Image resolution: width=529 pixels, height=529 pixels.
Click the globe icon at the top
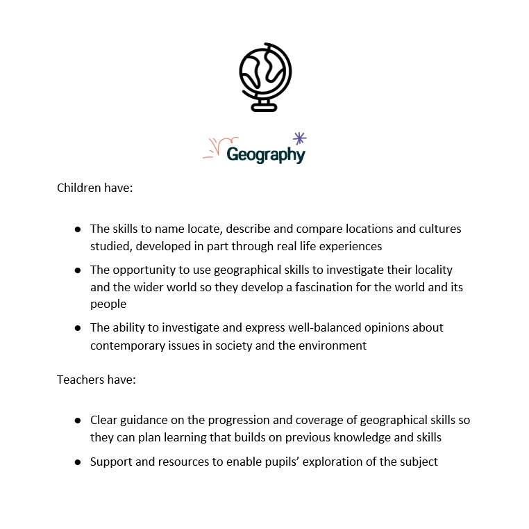(265, 75)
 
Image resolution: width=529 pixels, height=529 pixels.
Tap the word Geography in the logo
(266, 154)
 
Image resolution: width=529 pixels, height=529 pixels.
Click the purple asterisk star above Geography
(300, 138)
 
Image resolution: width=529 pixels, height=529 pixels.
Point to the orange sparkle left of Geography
(213, 147)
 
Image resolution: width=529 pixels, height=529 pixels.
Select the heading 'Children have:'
(94, 188)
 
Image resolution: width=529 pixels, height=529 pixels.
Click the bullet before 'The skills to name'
(78, 229)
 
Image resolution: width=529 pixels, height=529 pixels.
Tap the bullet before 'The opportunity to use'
(78, 270)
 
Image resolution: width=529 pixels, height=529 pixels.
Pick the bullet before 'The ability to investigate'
(78, 327)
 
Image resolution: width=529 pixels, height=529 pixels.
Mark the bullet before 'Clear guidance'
(78, 421)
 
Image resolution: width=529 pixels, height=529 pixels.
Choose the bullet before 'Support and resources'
(78, 462)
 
